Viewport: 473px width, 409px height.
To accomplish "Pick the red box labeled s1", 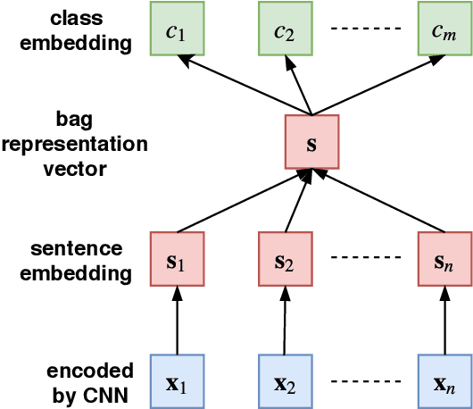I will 177,260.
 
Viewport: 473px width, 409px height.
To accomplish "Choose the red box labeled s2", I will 285,260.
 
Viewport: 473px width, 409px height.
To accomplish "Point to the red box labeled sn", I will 444,260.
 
